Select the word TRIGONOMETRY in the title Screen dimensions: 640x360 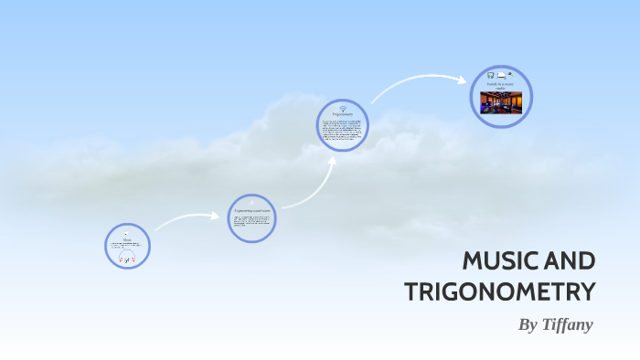[499, 292]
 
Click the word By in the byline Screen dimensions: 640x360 [528, 324]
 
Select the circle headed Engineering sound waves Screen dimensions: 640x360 [251, 218]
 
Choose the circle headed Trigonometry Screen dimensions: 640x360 [343, 126]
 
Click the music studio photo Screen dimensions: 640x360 [500, 101]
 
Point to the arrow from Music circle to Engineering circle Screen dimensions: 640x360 [187, 218]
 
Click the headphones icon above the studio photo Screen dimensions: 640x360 [491, 74]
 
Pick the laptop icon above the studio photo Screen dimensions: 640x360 [501, 74]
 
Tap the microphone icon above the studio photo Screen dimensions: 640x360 [510, 73]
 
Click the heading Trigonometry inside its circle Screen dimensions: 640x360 [343, 113]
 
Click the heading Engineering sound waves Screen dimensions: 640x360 [251, 211]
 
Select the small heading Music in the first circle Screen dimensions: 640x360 [127, 239]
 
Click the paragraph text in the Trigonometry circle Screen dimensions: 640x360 [343, 131]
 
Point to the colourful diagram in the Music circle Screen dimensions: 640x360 [127, 258]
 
